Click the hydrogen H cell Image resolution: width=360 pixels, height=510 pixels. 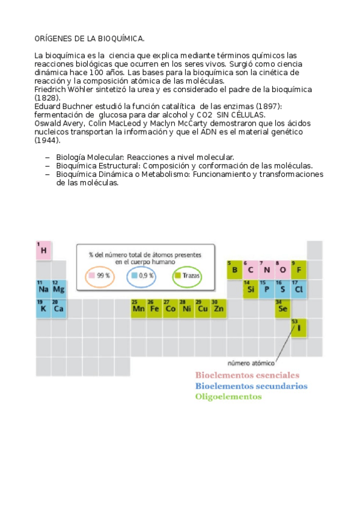[x=43, y=250]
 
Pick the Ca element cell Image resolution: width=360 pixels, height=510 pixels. [x=58, y=309]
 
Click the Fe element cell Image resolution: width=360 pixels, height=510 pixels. [x=154, y=309]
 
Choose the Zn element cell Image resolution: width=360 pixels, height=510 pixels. [x=218, y=309]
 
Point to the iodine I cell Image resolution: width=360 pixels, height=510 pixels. [x=299, y=328]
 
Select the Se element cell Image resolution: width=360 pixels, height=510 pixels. [x=282, y=309]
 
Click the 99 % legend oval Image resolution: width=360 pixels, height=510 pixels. [x=100, y=276]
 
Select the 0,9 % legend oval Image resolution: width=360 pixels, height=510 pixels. [x=142, y=276]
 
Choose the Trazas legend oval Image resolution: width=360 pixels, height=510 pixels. [x=187, y=276]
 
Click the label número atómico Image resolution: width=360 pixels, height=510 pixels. [x=251, y=363]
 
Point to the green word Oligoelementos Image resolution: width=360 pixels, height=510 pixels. [x=228, y=396]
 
